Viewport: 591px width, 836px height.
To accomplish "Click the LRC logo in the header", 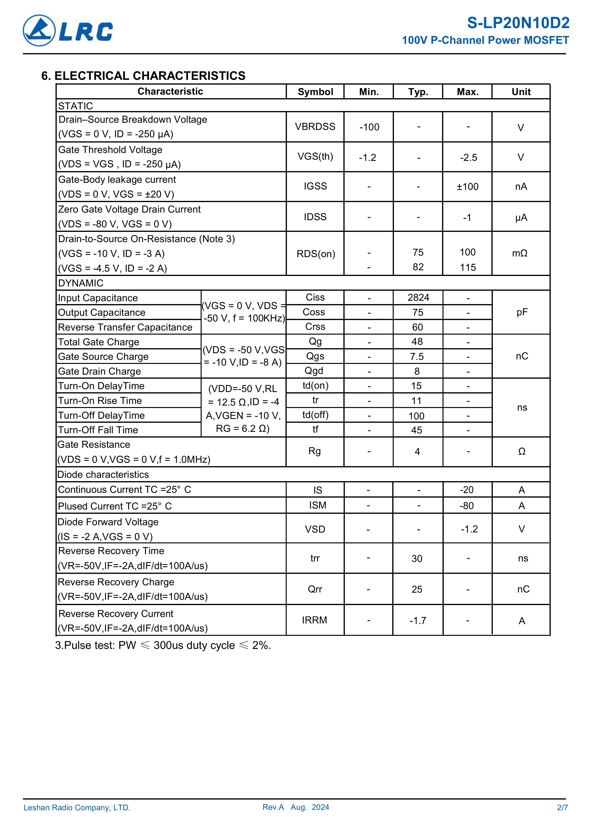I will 68,31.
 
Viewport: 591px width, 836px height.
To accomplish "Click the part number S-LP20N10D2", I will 518,23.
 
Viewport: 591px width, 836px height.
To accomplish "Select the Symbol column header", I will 315,92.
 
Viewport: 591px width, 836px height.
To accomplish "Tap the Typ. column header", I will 418,92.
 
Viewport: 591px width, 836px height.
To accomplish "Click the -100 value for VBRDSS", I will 369,127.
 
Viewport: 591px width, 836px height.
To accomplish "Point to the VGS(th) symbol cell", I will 315,157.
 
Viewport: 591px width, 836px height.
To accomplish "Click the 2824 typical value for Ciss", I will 418,297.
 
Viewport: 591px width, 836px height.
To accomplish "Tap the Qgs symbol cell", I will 315,356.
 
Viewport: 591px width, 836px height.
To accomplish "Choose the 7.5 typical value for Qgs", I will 417,357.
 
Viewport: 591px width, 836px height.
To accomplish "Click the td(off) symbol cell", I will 315,415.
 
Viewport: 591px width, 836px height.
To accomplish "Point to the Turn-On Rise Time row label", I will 100,401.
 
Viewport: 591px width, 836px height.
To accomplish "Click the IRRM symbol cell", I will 314,620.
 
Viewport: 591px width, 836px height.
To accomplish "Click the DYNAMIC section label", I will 81,283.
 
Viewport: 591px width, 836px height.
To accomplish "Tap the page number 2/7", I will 562,817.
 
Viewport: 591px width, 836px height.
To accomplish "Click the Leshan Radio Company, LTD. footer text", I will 77,818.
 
